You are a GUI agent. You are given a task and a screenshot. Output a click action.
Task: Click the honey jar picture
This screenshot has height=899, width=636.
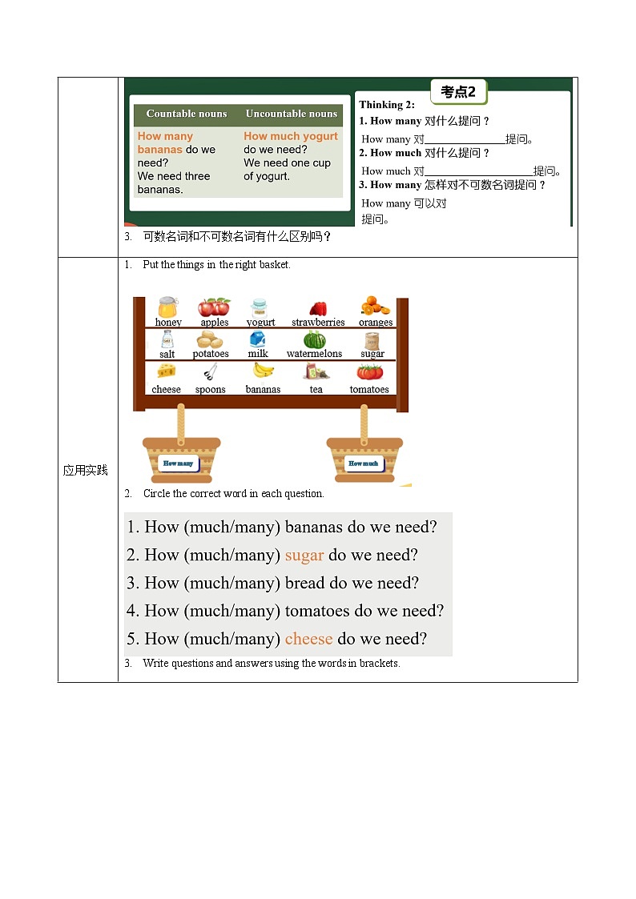coord(167,307)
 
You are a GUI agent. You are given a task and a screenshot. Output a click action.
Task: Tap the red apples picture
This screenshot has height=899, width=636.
coord(214,307)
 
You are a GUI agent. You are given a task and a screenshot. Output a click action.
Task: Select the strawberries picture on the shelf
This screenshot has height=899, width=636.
coord(318,308)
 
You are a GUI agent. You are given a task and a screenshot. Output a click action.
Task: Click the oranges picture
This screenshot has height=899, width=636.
coord(375,307)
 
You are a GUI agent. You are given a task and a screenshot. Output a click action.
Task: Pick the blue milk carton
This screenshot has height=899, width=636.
coord(258,339)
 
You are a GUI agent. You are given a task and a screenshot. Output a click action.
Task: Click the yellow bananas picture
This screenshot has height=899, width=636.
coord(263,370)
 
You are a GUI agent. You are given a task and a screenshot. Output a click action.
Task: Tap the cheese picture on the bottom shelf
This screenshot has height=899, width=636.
coord(167,371)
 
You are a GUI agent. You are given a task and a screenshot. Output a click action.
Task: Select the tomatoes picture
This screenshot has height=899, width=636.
coord(369,371)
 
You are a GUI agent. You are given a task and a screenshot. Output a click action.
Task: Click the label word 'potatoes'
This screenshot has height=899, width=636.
coord(211,354)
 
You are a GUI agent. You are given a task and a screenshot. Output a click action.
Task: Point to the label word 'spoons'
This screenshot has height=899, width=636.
coord(211,390)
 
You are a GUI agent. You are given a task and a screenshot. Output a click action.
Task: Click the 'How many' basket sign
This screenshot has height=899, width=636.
coord(179,464)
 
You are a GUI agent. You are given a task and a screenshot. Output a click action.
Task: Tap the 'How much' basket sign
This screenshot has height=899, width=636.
coord(364,464)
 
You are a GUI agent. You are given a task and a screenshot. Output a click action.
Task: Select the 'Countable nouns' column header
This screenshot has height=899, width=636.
coord(187,114)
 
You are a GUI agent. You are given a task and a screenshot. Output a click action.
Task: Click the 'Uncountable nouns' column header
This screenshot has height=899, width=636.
coord(292,114)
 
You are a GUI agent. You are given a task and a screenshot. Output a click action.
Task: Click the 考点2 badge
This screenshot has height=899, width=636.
coord(458,92)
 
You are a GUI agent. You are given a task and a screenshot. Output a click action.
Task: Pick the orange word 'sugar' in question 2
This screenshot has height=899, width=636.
coord(304,555)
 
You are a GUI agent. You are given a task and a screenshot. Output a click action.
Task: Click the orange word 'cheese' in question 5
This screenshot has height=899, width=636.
coord(308,639)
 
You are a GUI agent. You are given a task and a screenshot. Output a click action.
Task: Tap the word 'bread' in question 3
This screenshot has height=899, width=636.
coord(305,583)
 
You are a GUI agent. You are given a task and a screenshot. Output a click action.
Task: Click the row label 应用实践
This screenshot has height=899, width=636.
coord(86,470)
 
